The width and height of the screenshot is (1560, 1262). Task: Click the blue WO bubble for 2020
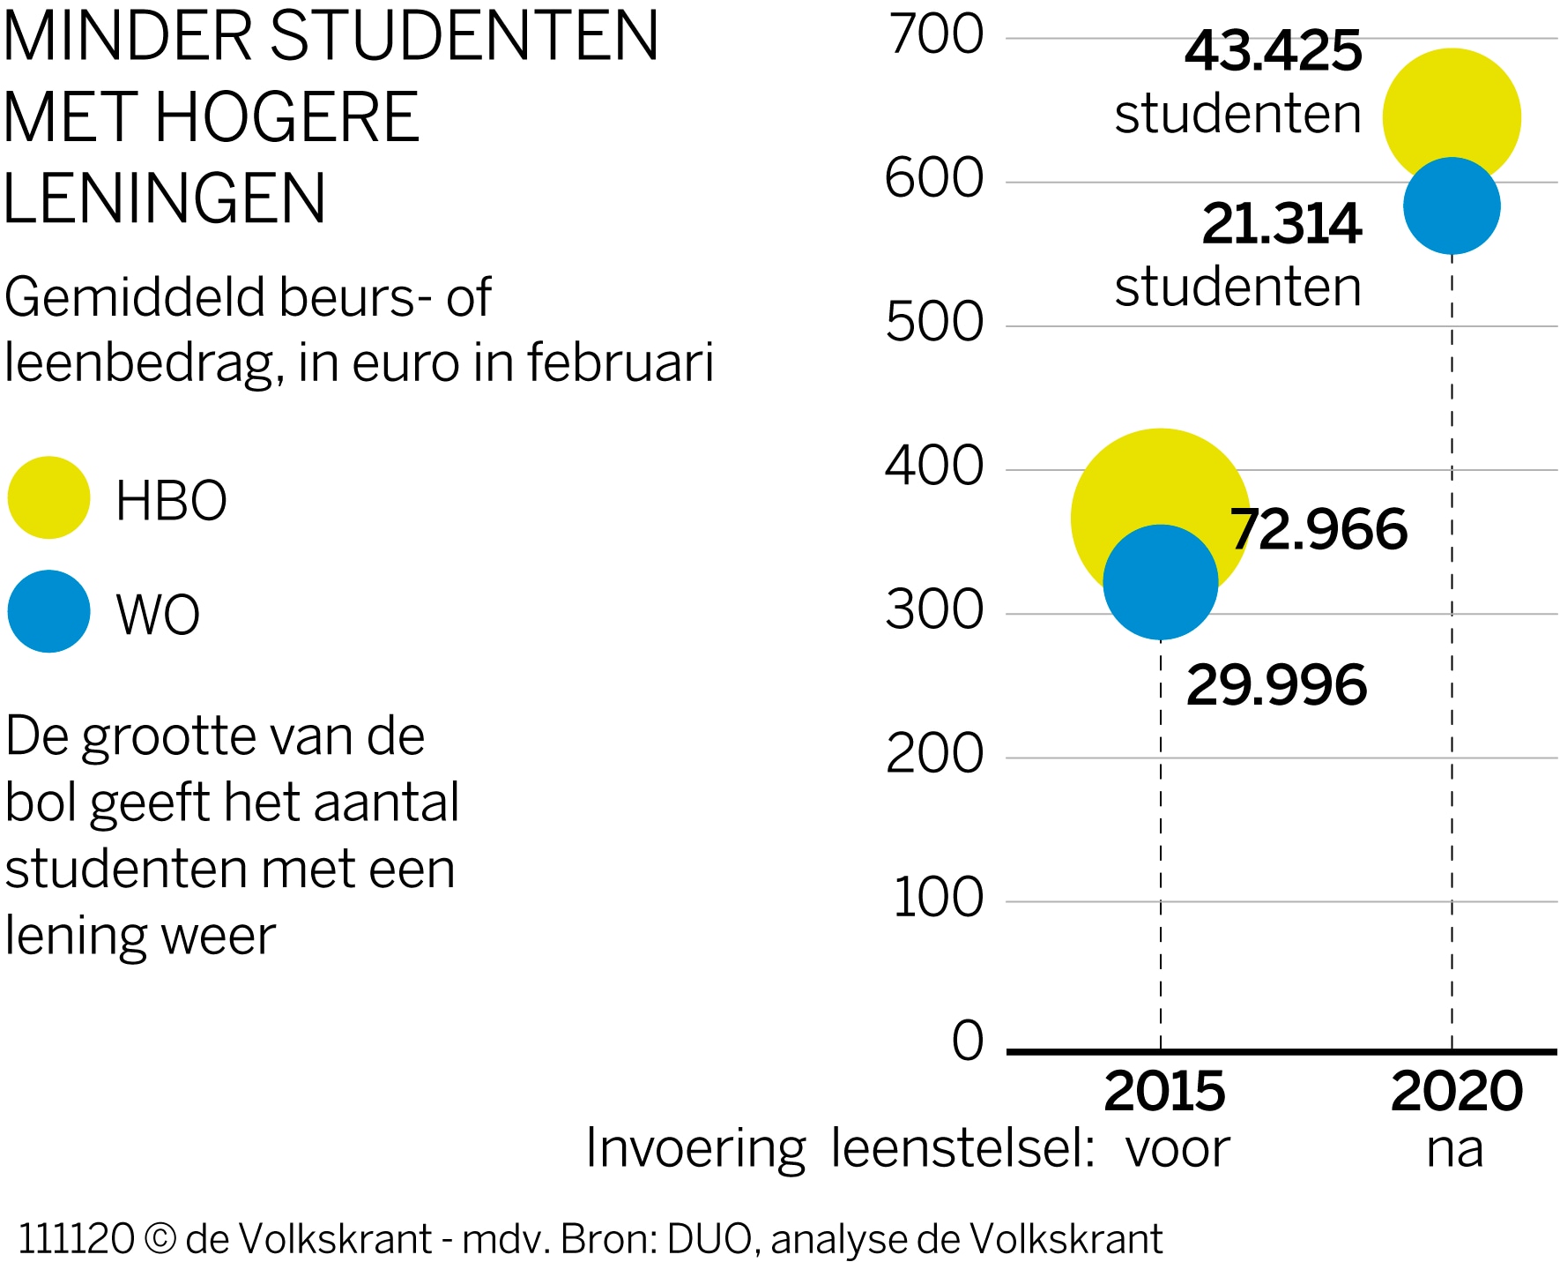(x=1452, y=206)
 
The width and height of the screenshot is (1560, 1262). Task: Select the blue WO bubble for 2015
(x=1161, y=582)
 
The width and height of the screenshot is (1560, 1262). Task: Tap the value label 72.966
(x=1319, y=530)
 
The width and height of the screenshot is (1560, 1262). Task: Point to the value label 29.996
(x=1276, y=686)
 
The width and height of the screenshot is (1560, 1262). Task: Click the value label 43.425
(x=1273, y=51)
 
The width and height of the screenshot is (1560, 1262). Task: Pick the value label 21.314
(x=1281, y=224)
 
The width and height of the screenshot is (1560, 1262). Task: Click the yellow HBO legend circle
(x=49, y=497)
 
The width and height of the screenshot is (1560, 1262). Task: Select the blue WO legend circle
(x=49, y=611)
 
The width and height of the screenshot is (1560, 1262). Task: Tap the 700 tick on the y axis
(x=936, y=36)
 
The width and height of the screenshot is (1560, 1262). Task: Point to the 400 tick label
(x=934, y=467)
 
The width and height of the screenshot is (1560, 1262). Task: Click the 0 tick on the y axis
(x=968, y=1042)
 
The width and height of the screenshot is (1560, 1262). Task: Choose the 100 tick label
(x=938, y=899)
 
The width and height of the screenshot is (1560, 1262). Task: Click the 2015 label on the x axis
(x=1164, y=1092)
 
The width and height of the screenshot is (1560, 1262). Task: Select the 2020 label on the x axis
(x=1456, y=1092)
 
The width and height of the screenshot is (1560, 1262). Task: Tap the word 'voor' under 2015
(x=1177, y=1149)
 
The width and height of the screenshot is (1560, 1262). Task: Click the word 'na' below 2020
(x=1454, y=1149)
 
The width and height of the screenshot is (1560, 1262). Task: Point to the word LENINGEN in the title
(x=165, y=198)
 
